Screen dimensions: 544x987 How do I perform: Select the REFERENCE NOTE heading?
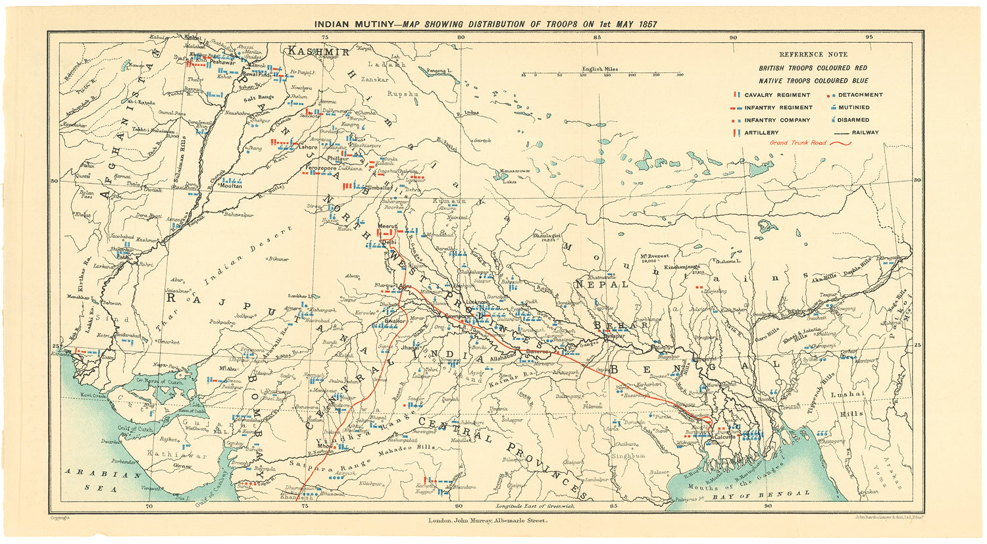pos(813,55)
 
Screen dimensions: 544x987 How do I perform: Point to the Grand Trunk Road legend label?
pos(797,142)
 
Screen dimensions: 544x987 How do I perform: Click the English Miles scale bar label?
pos(599,69)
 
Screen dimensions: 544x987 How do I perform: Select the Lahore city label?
pos(308,147)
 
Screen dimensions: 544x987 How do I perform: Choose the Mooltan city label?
pos(230,186)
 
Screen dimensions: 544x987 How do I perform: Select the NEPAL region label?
pos(599,285)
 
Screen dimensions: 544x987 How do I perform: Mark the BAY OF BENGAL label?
pos(771,493)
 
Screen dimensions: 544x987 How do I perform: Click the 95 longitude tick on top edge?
pos(869,37)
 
